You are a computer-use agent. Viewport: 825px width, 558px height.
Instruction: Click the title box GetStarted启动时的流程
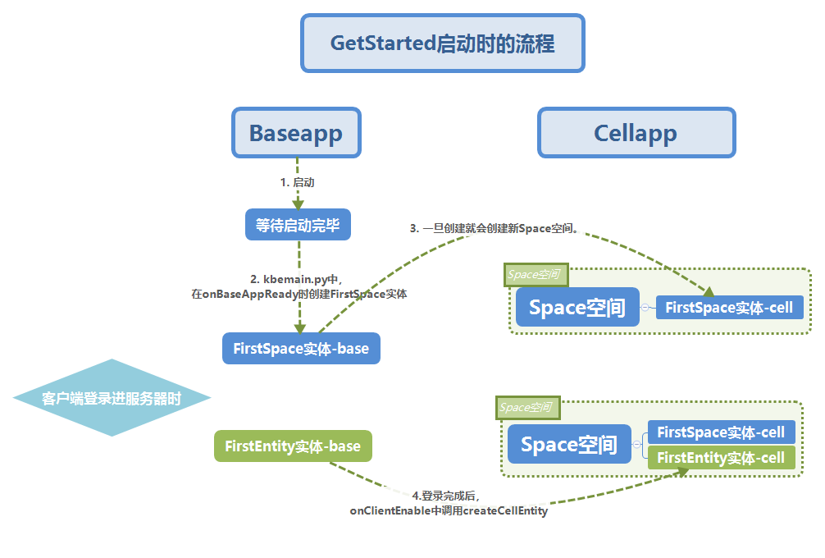(x=442, y=43)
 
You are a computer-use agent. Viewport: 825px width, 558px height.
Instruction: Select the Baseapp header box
(x=296, y=133)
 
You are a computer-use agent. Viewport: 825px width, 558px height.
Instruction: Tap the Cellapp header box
(x=636, y=133)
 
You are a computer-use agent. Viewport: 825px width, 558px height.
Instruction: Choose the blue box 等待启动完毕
(x=298, y=225)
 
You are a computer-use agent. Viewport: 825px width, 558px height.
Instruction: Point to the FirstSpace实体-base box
(x=301, y=349)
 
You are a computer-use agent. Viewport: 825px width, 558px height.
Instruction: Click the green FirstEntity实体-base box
(x=293, y=446)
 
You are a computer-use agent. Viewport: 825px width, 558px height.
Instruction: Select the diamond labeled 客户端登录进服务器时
(x=112, y=399)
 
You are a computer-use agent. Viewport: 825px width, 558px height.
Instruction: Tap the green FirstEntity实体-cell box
(x=721, y=458)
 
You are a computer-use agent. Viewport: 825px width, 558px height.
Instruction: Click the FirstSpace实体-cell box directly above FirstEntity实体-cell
(x=721, y=432)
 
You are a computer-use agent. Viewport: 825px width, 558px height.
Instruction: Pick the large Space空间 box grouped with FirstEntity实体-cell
(x=569, y=445)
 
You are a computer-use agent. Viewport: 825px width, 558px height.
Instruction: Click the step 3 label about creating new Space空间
(x=496, y=229)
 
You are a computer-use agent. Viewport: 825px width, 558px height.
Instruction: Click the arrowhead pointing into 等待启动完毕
(x=298, y=203)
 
